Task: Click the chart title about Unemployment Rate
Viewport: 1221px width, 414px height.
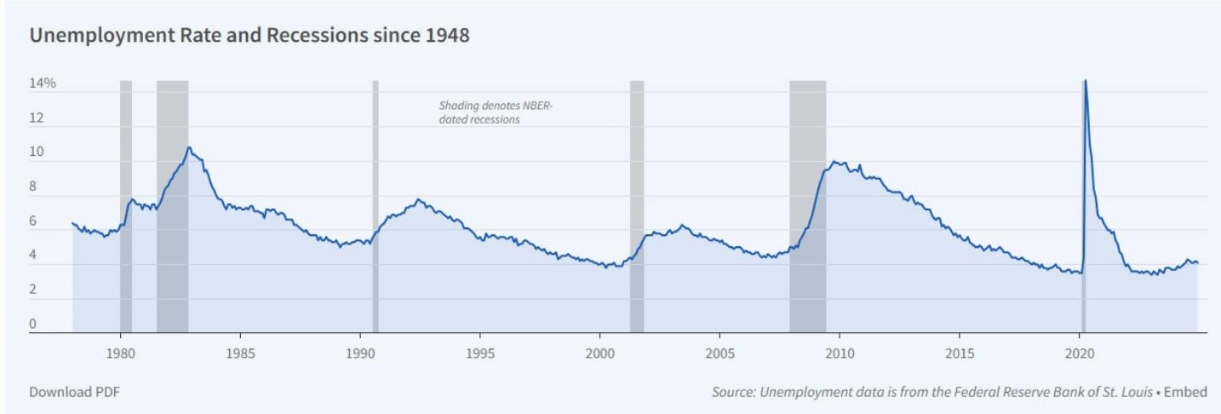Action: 249,38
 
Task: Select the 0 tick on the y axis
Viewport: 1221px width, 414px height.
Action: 34,325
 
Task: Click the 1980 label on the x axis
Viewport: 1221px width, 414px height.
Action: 121,353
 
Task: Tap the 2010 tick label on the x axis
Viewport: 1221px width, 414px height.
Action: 840,353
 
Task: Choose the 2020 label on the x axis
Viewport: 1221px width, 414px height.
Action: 1079,353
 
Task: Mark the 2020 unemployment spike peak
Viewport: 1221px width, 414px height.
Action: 1085,82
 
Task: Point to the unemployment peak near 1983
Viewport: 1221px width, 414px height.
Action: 189,148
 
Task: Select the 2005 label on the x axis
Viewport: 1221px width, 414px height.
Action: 719,353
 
